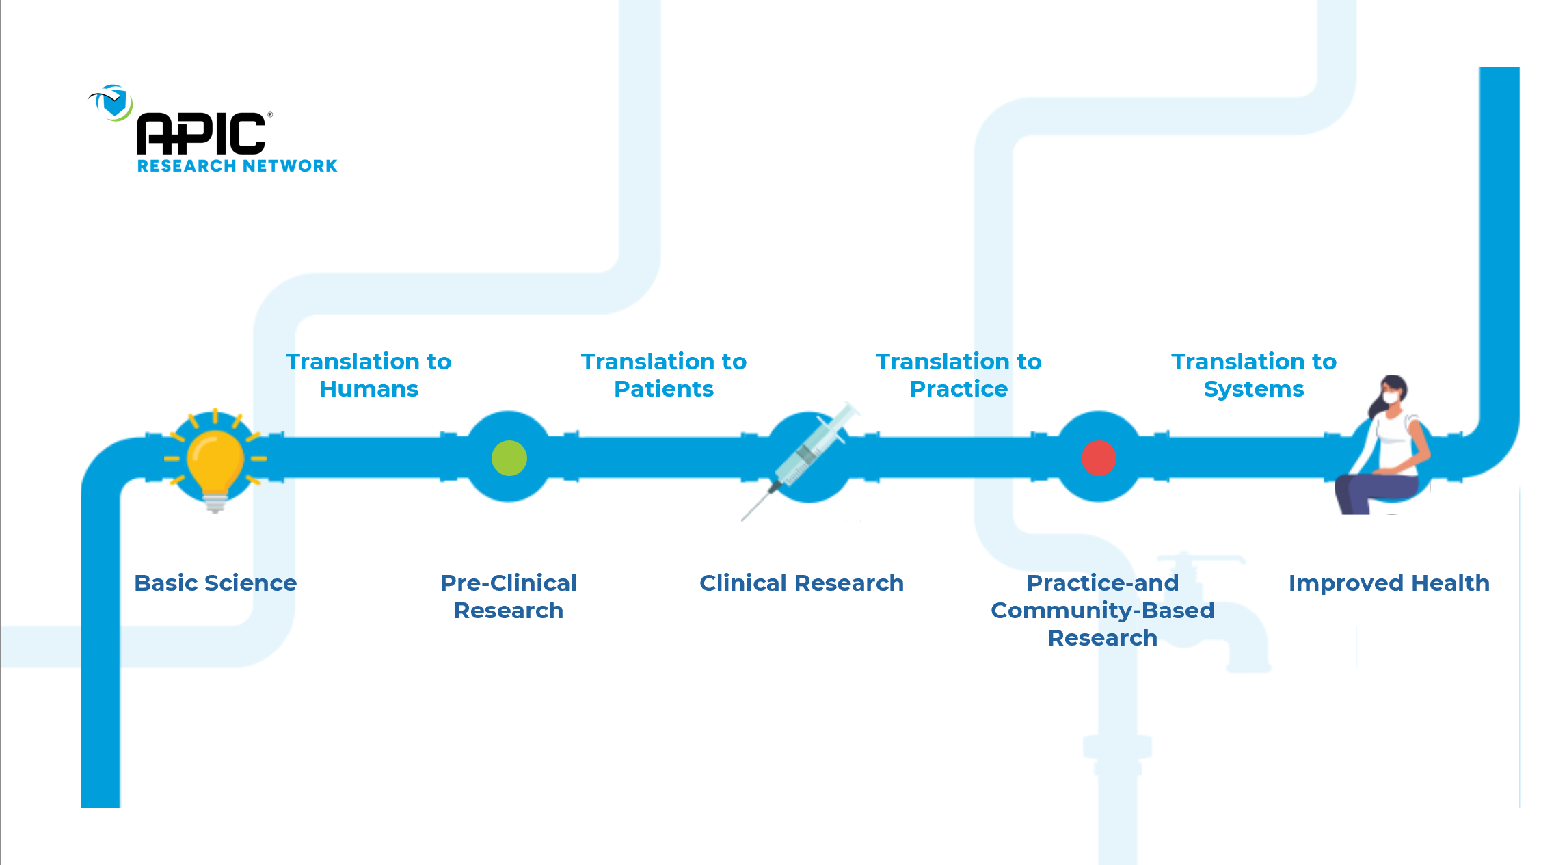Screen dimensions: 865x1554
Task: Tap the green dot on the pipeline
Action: click(509, 458)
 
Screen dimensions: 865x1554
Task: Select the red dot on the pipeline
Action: click(1099, 458)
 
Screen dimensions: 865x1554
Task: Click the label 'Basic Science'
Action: click(215, 583)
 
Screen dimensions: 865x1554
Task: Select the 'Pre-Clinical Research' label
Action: click(509, 596)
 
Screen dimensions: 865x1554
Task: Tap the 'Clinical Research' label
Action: click(801, 583)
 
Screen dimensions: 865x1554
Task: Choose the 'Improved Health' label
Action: click(1389, 583)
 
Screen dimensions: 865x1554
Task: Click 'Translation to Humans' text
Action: click(369, 375)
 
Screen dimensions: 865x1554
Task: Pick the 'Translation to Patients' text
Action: click(663, 375)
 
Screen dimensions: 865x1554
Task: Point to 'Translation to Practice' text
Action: click(959, 375)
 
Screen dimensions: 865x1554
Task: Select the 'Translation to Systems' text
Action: click(1253, 375)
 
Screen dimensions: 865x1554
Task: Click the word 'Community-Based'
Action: click(1102, 610)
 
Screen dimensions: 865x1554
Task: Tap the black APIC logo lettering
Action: click(201, 134)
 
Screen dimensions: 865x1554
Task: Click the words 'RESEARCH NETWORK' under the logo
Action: click(237, 166)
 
